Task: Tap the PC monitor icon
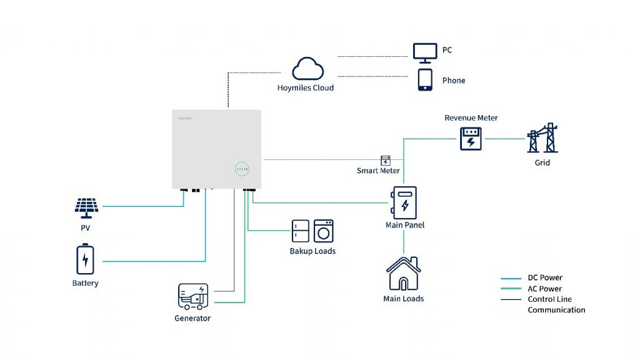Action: click(x=425, y=52)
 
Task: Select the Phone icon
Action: click(x=425, y=80)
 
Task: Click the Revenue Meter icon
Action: click(x=471, y=138)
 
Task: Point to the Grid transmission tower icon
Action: click(x=542, y=138)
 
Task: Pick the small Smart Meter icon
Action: click(x=386, y=161)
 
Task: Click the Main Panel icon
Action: click(x=404, y=202)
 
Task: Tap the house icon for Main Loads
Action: click(x=403, y=273)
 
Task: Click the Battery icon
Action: click(x=86, y=260)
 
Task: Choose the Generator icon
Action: click(x=193, y=297)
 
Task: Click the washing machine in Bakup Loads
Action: click(x=323, y=231)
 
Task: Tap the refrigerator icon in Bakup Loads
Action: click(x=300, y=231)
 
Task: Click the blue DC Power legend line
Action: click(x=511, y=278)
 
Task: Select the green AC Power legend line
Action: click(x=511, y=289)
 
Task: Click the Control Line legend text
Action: click(x=549, y=299)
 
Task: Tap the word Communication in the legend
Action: click(x=556, y=310)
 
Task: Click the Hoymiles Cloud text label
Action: click(x=306, y=88)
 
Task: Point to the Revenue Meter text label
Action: click(x=471, y=117)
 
